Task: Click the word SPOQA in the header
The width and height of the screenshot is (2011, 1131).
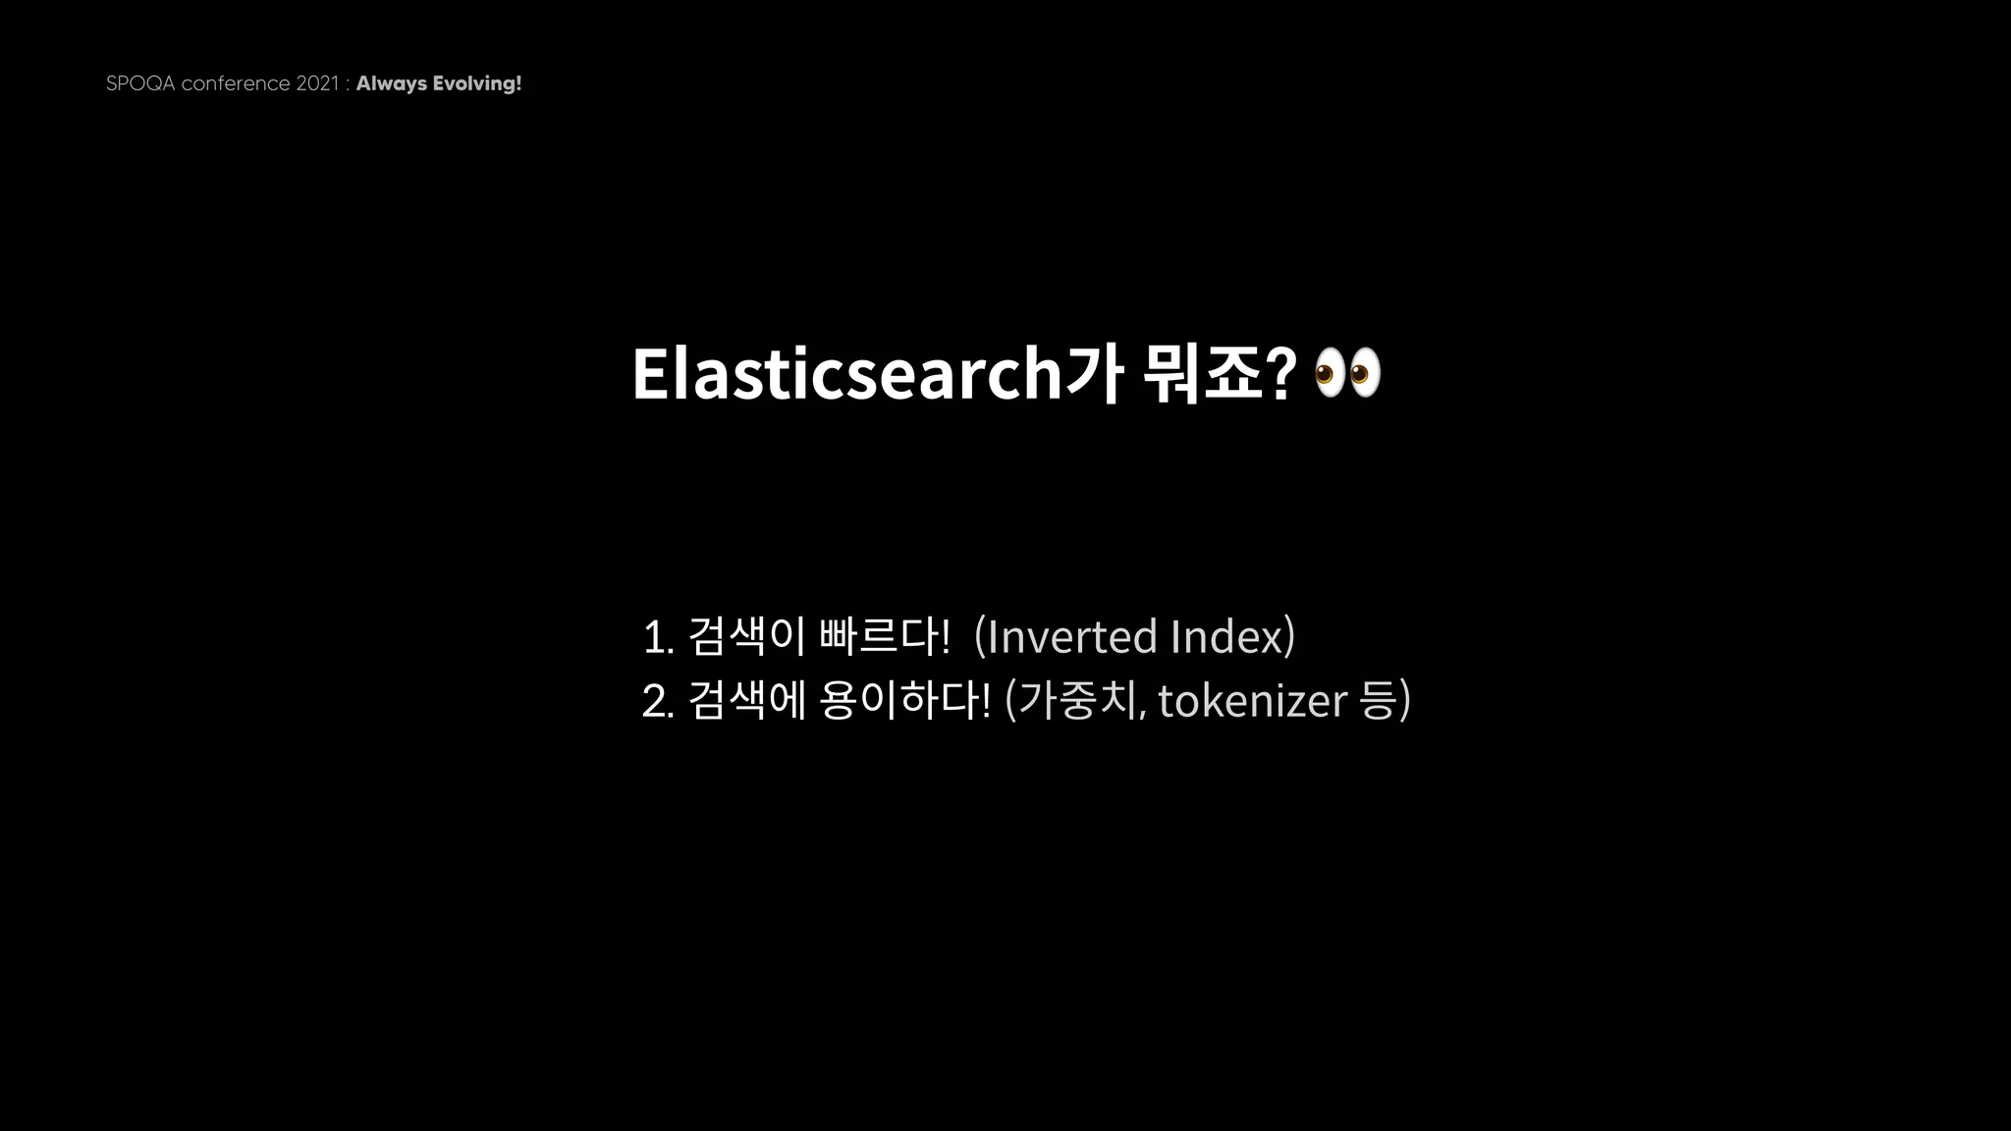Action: click(140, 83)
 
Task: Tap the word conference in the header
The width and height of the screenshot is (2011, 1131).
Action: click(236, 83)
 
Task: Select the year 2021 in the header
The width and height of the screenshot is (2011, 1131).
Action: click(316, 83)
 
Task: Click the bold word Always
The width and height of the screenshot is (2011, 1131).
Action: click(391, 83)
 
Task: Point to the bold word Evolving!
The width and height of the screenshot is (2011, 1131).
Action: click(477, 83)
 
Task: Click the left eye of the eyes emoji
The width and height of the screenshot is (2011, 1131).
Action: click(1327, 373)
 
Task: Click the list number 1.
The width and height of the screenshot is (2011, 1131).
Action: click(656, 637)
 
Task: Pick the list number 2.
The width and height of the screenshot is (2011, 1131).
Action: click(656, 701)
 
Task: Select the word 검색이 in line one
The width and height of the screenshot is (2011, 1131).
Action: click(747, 636)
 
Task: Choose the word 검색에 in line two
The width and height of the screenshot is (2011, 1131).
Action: click(747, 700)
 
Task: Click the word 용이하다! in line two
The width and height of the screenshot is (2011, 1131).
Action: click(904, 700)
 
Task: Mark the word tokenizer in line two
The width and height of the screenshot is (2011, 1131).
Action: click(1252, 700)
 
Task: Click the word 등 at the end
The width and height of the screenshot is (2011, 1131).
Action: click(1380, 700)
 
